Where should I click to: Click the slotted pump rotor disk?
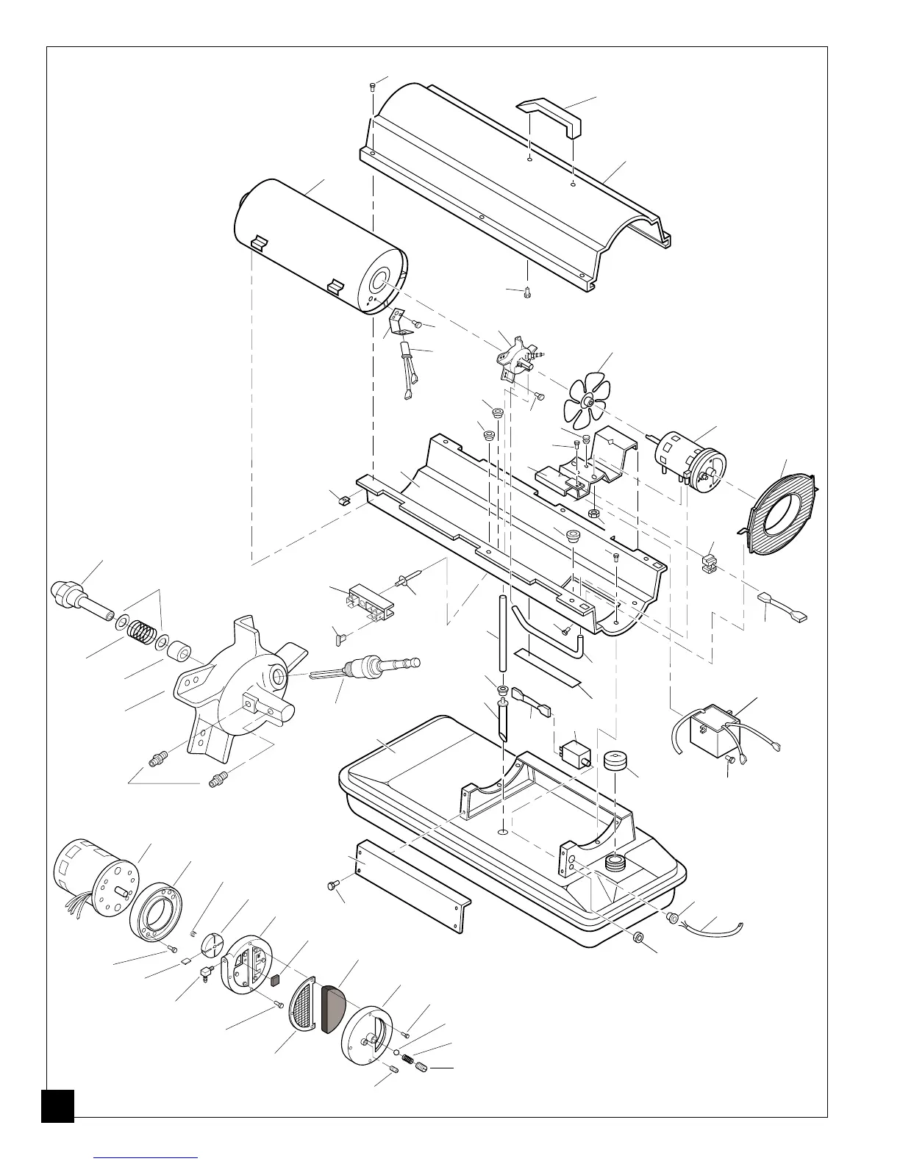click(x=213, y=944)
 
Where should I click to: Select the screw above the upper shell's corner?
click(x=371, y=87)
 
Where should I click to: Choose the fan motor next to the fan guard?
click(x=687, y=456)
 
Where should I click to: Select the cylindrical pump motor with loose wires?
click(x=96, y=878)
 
